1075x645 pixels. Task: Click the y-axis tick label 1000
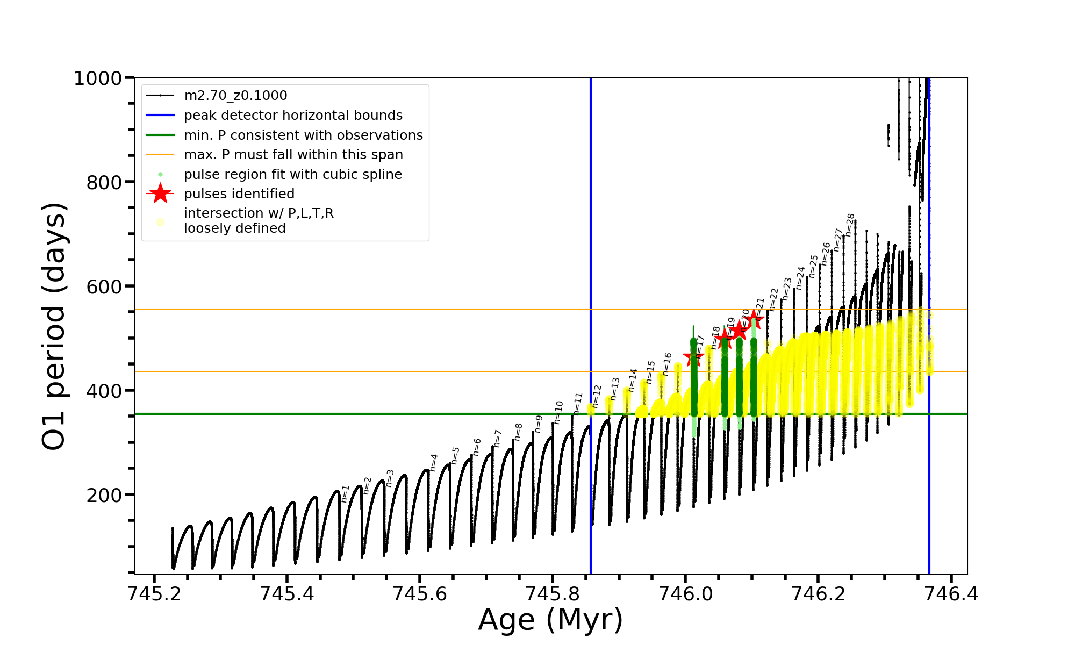(97, 78)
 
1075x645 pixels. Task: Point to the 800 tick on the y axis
(104, 183)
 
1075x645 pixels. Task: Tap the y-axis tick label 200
(104, 495)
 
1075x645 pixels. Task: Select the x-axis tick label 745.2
(154, 593)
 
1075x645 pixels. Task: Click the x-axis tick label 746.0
(685, 593)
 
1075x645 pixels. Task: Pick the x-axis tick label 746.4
(951, 593)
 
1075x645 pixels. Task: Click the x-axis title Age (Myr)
(550, 619)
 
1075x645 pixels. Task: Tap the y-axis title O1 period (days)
(54, 326)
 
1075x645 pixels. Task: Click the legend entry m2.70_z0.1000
(235, 96)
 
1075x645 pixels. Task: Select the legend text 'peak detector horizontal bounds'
(293, 116)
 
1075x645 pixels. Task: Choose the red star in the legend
(160, 193)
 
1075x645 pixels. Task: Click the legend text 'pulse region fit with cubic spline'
(293, 175)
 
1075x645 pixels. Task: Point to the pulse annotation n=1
(346, 493)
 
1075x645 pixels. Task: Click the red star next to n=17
(693, 357)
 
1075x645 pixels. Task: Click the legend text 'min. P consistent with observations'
(303, 135)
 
